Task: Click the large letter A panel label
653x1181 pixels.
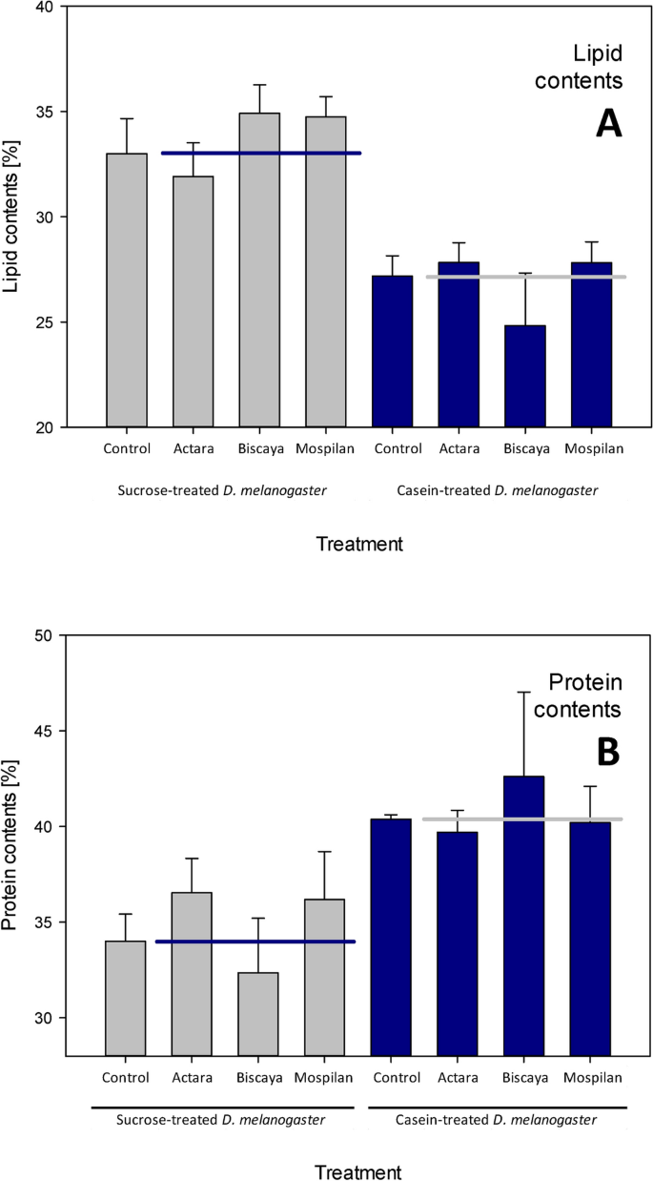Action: click(x=608, y=123)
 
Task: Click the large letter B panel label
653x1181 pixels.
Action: click(x=608, y=751)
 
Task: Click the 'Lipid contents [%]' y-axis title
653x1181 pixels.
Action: click(x=13, y=217)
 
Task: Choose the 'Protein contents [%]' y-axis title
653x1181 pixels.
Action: click(x=13, y=845)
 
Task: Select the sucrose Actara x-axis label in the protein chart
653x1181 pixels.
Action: click(x=194, y=1078)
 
